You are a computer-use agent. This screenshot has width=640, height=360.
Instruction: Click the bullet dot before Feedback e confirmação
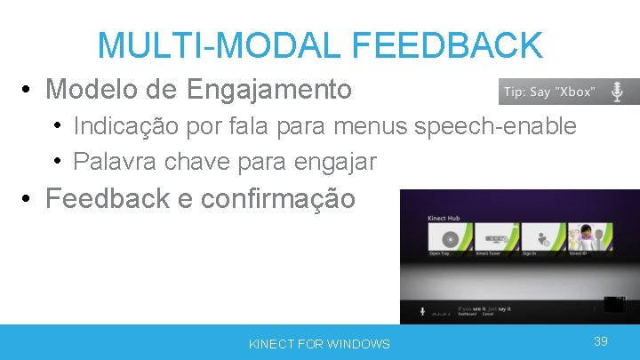(28, 198)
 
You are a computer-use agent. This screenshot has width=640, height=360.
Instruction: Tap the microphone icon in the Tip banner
(616, 91)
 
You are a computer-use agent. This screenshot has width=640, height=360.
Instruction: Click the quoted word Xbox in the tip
(577, 92)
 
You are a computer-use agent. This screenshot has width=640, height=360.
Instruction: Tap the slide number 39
(601, 341)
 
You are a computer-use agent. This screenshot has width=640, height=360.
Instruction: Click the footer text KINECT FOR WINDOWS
(319, 343)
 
